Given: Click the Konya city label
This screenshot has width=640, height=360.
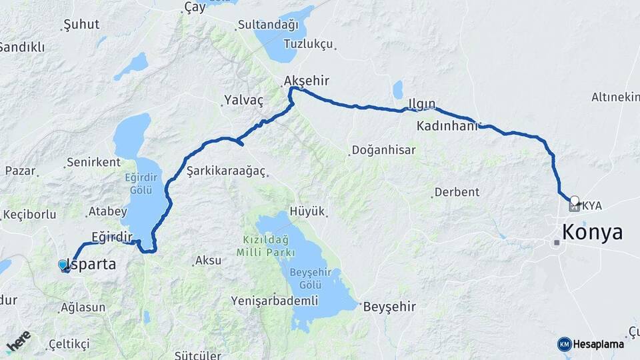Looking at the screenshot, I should [x=593, y=232].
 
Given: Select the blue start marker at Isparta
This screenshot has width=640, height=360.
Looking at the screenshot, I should [x=63, y=265].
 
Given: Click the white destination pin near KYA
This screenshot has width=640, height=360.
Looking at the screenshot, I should [x=574, y=199].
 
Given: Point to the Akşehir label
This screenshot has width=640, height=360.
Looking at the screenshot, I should [x=307, y=81].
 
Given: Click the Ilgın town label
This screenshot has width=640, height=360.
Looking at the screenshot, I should [x=421, y=104].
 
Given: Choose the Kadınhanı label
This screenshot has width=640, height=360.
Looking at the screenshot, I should [x=447, y=125].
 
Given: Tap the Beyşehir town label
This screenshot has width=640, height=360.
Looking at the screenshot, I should [x=389, y=307].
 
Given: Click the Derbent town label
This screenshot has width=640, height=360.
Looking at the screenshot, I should [x=457, y=192].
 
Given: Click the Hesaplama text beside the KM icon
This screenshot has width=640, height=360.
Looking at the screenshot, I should [x=598, y=344].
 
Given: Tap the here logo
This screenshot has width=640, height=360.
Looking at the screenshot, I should [x=19, y=341].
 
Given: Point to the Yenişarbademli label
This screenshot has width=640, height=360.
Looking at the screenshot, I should [x=274, y=301].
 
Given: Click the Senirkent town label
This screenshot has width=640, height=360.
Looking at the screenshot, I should [x=93, y=162].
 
